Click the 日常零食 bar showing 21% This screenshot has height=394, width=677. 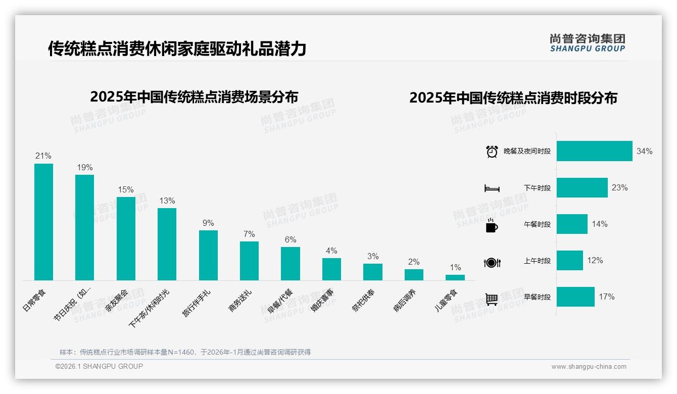tap(43, 222)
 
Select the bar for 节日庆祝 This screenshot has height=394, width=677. tap(84, 227)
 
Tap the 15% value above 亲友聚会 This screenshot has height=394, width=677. tap(126, 190)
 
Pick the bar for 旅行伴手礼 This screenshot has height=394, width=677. tap(208, 255)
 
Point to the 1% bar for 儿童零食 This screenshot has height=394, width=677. tap(455, 277)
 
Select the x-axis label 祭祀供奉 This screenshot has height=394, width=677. tap(363, 301)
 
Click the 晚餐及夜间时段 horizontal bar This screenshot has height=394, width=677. tap(594, 151)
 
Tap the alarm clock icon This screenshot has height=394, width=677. tap(492, 151)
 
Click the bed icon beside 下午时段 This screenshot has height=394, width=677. tap(492, 188)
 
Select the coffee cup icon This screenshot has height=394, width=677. tap(492, 225)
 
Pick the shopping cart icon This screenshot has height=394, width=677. tap(492, 299)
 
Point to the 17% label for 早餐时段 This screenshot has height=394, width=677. tap(606, 297)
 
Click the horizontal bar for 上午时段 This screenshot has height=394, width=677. tap(569, 261)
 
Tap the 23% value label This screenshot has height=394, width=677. tap(619, 188)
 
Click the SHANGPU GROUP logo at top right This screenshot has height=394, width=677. tap(588, 42)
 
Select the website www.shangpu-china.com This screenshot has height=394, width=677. tap(589, 367)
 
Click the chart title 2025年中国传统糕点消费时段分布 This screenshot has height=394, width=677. tap(513, 98)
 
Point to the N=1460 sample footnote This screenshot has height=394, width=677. tap(185, 352)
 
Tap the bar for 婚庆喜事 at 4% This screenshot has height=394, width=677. tap(331, 269)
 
